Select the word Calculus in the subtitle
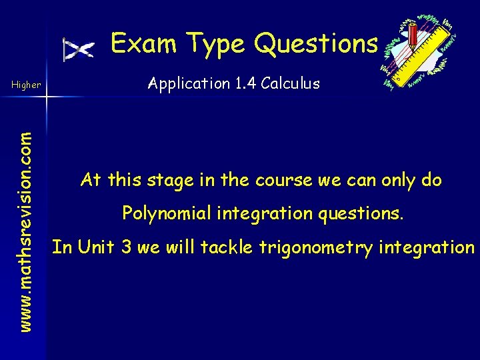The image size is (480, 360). tap(291, 83)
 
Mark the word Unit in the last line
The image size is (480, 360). tap(97, 247)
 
